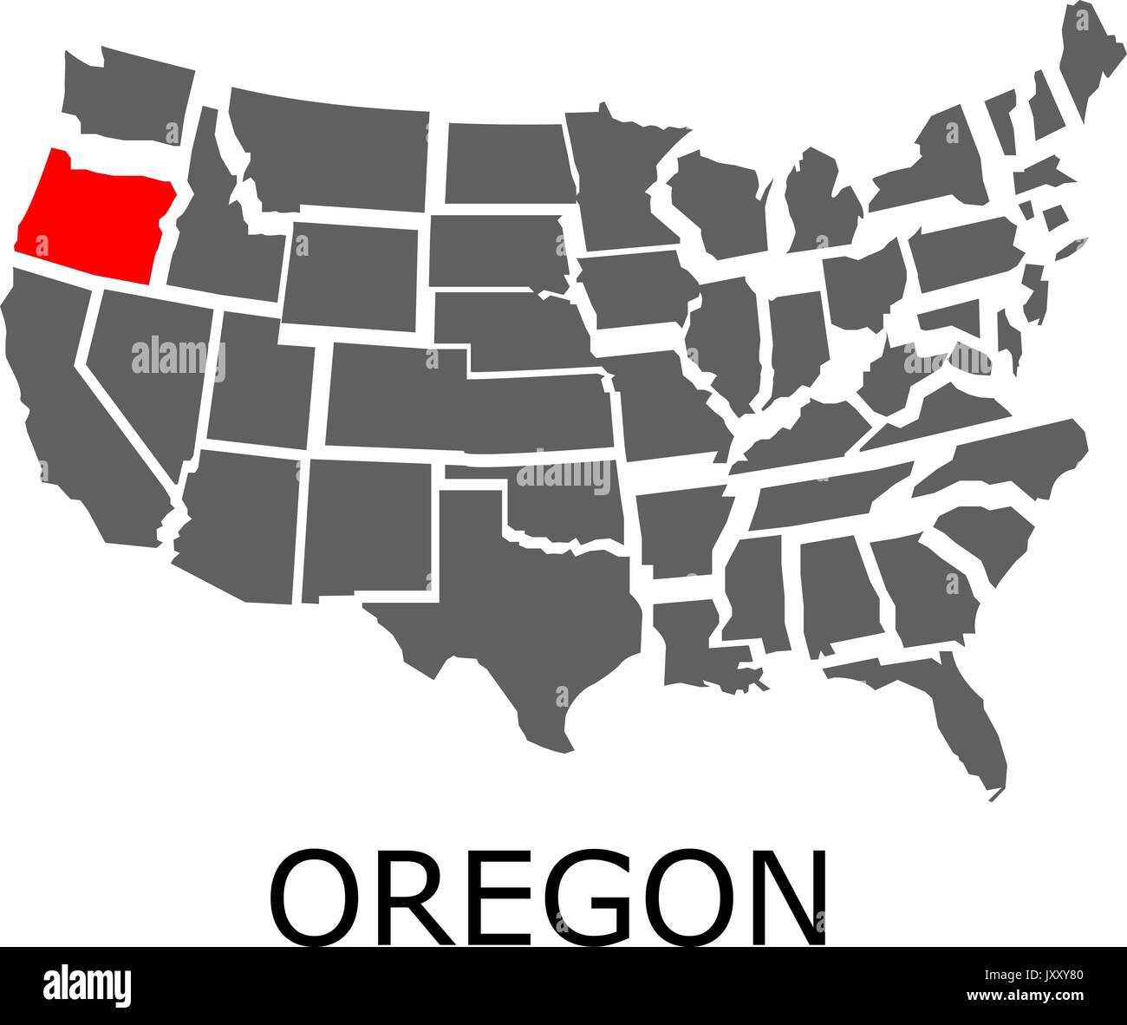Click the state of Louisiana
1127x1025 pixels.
pos(694,642)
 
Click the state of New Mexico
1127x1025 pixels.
pos(368,525)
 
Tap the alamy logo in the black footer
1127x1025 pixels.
pos(87,984)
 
